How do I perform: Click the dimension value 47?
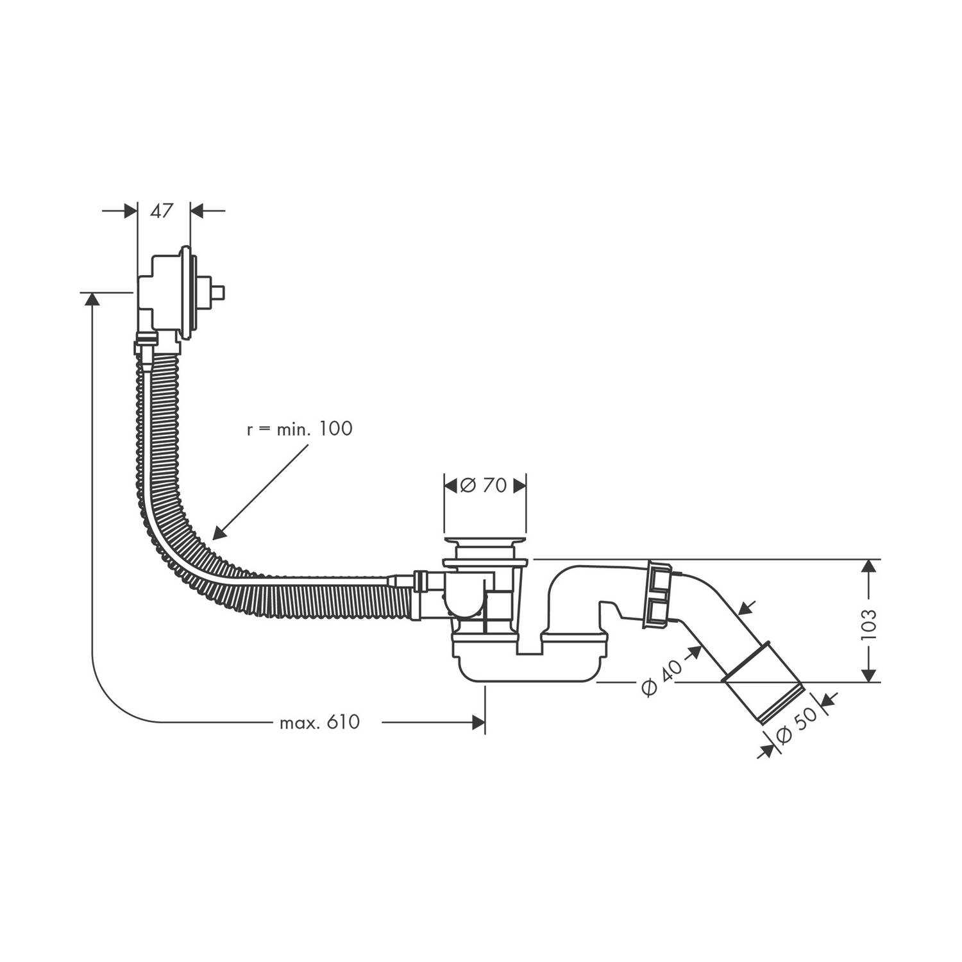click(162, 210)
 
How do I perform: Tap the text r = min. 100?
click(300, 429)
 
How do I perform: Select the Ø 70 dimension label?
click(484, 485)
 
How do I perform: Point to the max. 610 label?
click(319, 723)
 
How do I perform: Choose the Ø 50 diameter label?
click(797, 725)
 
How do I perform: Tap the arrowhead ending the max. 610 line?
click(478, 723)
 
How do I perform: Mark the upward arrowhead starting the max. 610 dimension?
click(92, 300)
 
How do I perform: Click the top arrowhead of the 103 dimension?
click(868, 566)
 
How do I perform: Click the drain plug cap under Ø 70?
click(485, 546)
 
